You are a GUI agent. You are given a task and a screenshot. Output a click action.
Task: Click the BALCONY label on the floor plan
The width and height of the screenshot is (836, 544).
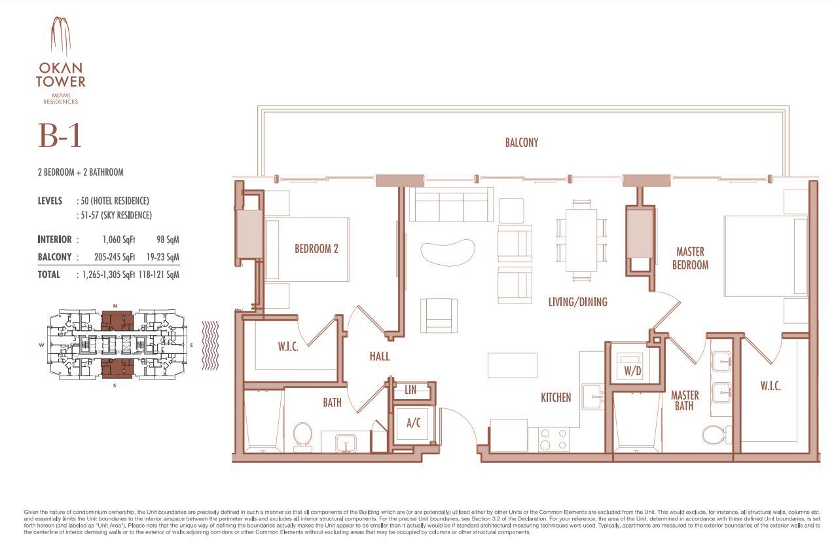[x=521, y=142]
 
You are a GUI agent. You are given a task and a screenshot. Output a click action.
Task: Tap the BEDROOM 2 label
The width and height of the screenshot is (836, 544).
[x=316, y=249]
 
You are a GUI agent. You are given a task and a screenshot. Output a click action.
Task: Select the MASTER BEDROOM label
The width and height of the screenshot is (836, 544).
[x=692, y=258]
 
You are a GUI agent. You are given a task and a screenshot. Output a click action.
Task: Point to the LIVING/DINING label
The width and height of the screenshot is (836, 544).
[x=577, y=302]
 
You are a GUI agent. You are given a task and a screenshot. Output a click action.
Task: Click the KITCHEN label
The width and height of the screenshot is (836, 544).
[x=556, y=397]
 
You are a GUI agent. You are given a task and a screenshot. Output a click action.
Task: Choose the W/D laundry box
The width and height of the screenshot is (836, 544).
[x=632, y=370]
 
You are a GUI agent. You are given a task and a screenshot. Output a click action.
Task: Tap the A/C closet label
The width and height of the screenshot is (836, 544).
[x=413, y=423]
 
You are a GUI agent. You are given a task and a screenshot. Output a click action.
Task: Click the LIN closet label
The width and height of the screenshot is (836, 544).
[x=410, y=390]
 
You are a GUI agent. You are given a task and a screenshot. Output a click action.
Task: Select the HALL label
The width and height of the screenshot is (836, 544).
[x=379, y=357]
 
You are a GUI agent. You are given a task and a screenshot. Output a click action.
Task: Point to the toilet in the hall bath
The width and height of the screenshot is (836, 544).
[x=302, y=435]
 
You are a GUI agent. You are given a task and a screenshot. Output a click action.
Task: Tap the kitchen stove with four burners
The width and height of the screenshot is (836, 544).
[x=553, y=439]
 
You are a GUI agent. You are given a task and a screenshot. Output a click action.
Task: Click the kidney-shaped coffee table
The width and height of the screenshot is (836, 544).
[x=448, y=251]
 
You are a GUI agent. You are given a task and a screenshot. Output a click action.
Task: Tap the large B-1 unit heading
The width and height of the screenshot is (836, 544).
[x=60, y=137]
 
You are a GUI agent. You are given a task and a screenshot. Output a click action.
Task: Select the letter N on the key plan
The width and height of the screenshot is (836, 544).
[x=115, y=306]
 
